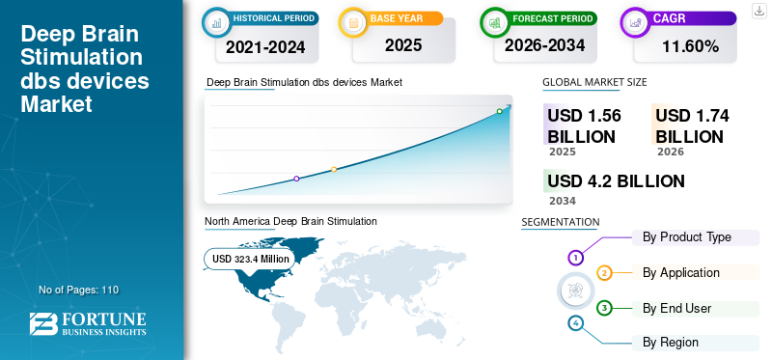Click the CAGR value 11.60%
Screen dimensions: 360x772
(x=691, y=46)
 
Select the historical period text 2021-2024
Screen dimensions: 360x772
(x=264, y=46)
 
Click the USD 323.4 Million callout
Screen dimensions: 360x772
(x=251, y=259)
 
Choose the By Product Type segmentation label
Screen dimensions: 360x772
(x=686, y=237)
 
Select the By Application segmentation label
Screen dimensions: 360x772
(x=680, y=273)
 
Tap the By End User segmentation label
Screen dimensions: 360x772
(x=676, y=309)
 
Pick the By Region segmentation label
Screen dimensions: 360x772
(x=670, y=343)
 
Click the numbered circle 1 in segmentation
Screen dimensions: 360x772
(x=575, y=258)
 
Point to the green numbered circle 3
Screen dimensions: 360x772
(x=604, y=308)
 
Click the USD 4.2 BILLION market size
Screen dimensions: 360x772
(x=616, y=180)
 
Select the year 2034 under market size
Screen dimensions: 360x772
(x=562, y=201)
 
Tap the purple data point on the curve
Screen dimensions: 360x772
(x=296, y=179)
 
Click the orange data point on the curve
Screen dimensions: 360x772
(x=334, y=170)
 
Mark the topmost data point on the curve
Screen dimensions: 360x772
(x=499, y=112)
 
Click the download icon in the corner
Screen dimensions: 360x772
(x=758, y=10)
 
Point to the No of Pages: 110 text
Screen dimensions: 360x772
(x=78, y=290)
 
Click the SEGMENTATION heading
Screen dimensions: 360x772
(x=560, y=222)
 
